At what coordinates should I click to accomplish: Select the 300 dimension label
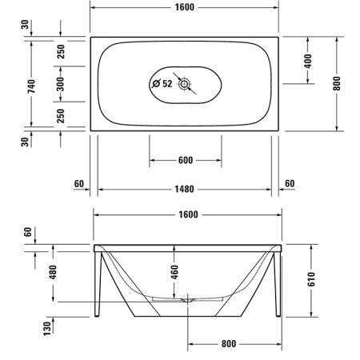61,82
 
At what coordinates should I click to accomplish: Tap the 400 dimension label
308,60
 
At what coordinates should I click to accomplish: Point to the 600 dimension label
186,161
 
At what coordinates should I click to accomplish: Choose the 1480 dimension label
186,190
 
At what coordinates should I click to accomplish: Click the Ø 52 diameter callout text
162,83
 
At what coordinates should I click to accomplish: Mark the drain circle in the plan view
186,83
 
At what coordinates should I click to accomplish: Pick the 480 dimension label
54,271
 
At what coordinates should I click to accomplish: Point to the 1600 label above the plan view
186,7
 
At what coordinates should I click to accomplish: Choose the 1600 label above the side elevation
186,215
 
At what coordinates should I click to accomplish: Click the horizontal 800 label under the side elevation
230,345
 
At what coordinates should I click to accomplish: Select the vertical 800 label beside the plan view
337,82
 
